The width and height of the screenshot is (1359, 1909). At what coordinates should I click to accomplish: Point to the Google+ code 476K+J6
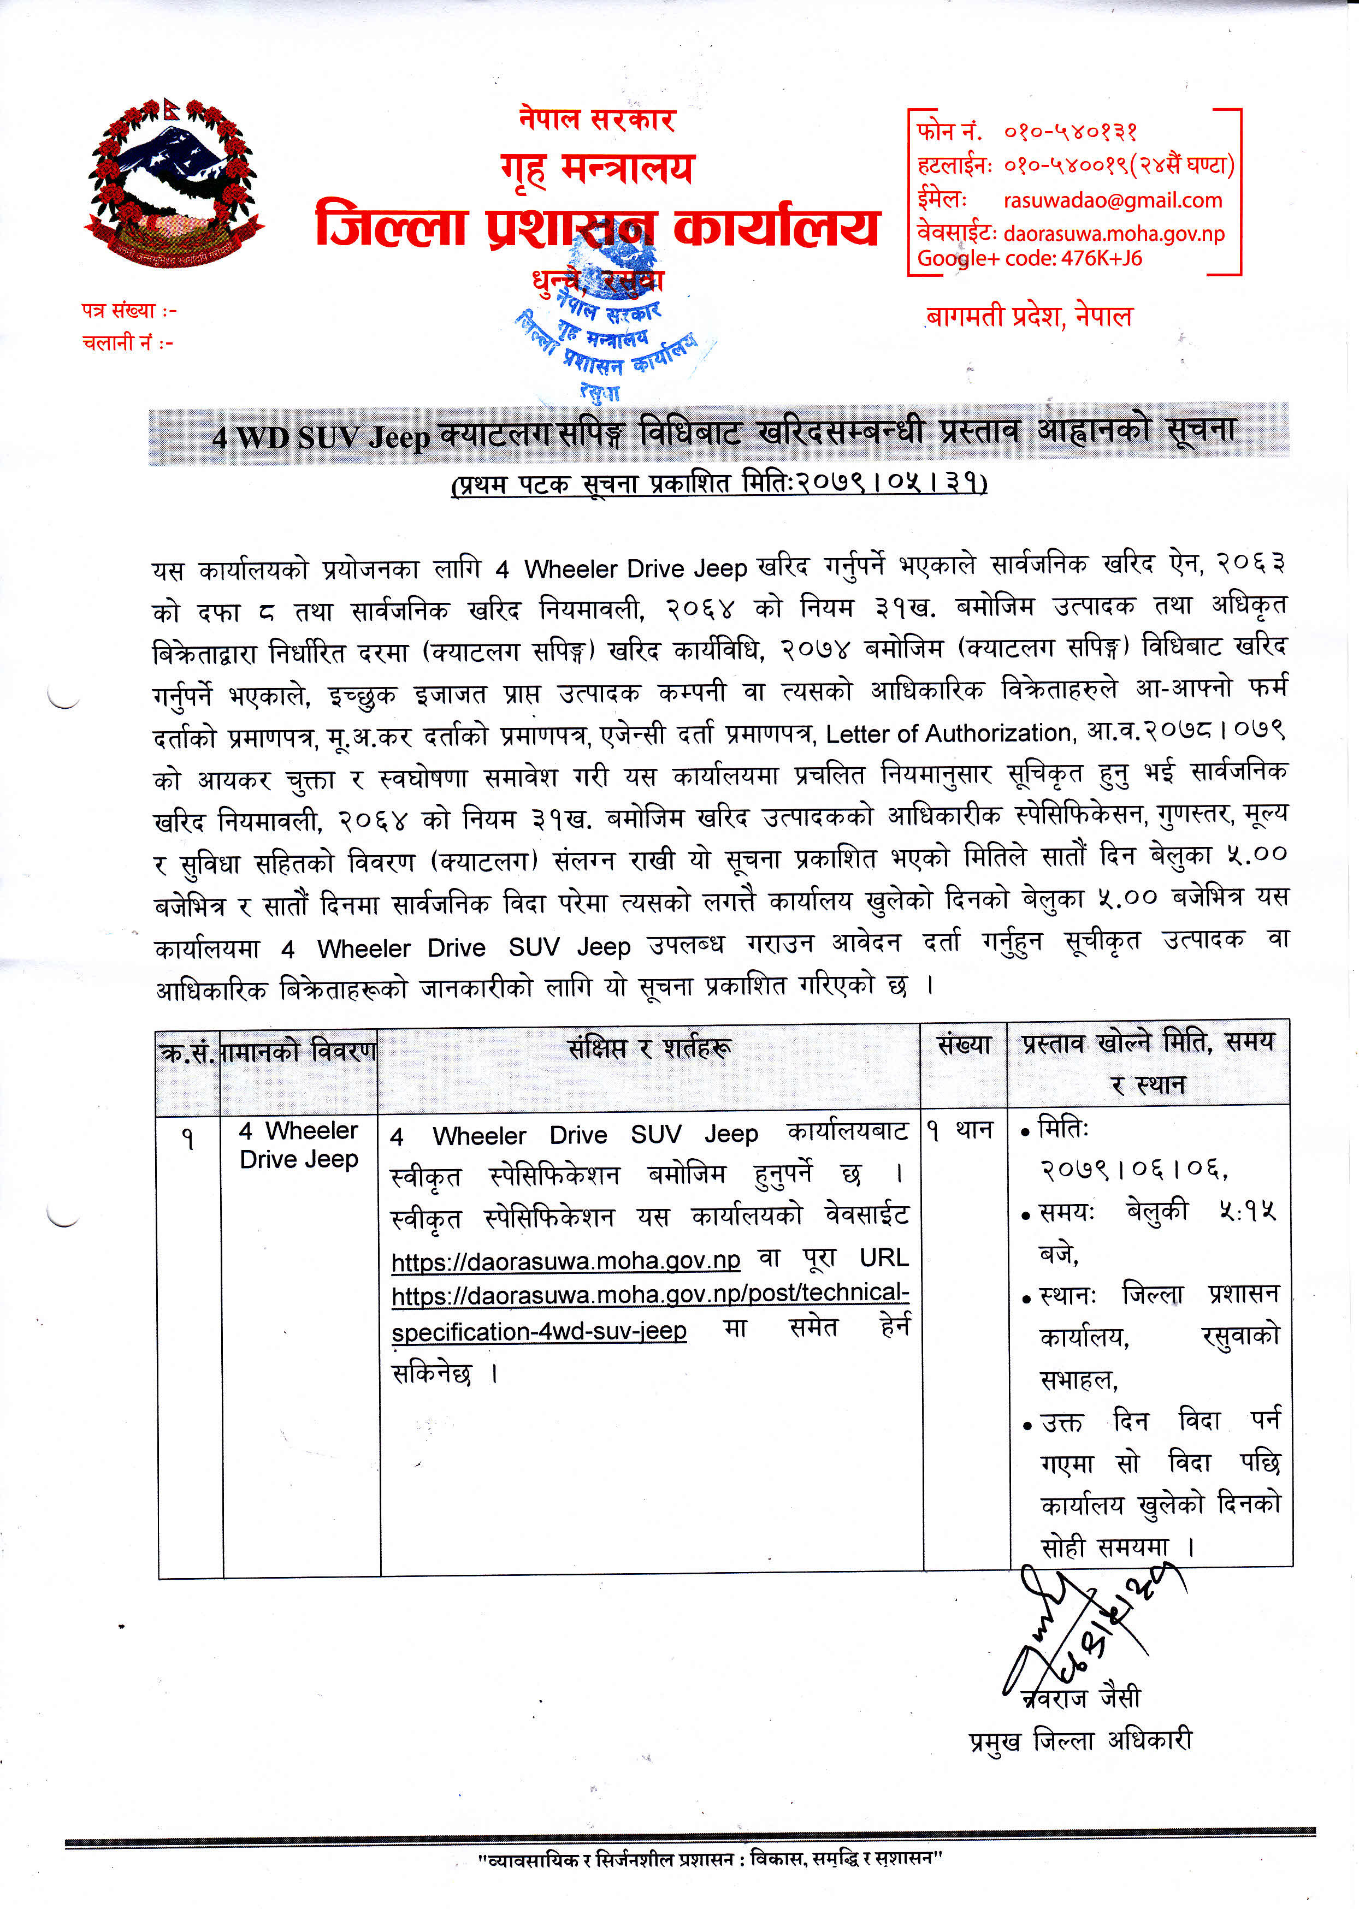point(1101,258)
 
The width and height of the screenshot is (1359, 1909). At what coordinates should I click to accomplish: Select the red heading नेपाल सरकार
point(596,119)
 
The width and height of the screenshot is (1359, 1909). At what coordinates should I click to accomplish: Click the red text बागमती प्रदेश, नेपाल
point(1029,317)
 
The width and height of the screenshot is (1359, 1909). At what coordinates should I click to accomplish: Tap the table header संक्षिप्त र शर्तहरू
point(649,1048)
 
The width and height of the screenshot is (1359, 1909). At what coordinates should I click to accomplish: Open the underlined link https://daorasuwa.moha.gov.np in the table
point(566,1260)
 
